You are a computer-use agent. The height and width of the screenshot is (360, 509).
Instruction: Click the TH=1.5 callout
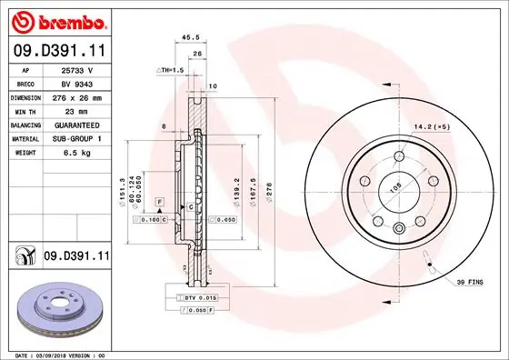coord(170,69)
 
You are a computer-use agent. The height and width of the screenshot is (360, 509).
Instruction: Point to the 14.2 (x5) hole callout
coord(432,126)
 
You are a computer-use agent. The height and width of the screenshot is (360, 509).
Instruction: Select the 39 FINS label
coord(470,283)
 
